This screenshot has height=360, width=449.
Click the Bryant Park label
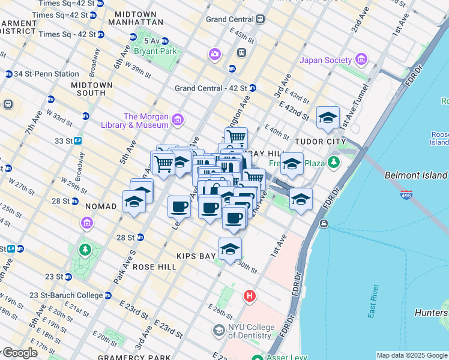tap(155, 52)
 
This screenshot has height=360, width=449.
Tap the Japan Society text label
tap(326, 60)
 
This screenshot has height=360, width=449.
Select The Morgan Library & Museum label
tap(145, 121)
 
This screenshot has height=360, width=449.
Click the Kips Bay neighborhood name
tap(196, 256)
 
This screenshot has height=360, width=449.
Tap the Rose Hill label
tap(154, 266)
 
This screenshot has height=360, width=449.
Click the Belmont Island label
tap(415, 175)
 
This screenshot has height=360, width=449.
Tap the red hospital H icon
tap(249, 296)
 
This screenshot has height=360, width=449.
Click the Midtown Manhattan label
tap(136, 17)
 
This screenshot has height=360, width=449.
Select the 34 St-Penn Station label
tap(46, 74)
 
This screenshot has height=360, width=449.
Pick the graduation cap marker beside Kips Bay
tap(230, 249)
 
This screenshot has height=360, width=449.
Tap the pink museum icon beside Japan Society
tap(361, 59)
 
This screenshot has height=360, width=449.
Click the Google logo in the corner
tap(20, 353)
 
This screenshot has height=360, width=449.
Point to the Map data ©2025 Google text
tap(412, 355)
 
